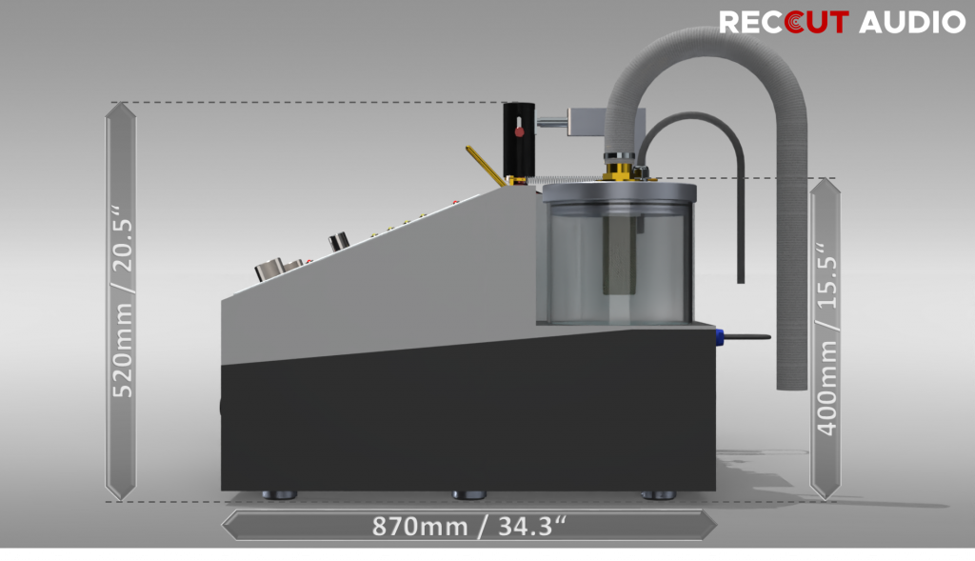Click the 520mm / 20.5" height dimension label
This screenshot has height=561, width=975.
pyautogui.click(x=121, y=301)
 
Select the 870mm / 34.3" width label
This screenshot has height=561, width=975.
pyautogui.click(x=468, y=525)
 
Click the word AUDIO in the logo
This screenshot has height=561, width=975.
pyautogui.click(x=912, y=22)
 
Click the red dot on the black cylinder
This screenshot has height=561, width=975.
pyautogui.click(x=520, y=131)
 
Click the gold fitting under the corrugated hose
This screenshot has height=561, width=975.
pyautogui.click(x=619, y=170)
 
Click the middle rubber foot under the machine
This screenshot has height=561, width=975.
pyautogui.click(x=468, y=495)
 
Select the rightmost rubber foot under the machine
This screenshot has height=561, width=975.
pyautogui.click(x=657, y=495)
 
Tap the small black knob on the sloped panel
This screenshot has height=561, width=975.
pyautogui.click(x=337, y=242)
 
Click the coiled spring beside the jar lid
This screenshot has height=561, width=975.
pyautogui.click(x=562, y=179)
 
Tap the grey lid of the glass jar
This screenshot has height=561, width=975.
pyautogui.click(x=618, y=191)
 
